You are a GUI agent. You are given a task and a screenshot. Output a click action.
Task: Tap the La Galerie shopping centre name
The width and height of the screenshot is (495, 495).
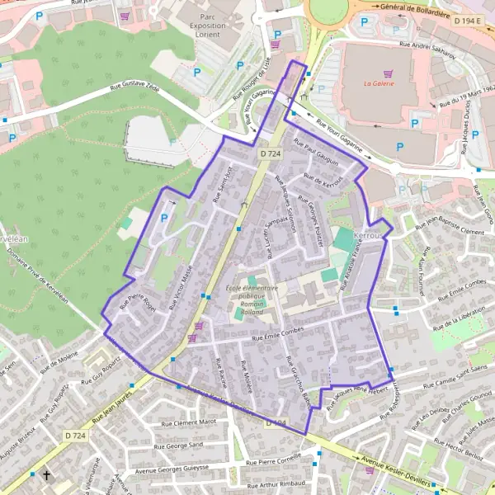(379, 83)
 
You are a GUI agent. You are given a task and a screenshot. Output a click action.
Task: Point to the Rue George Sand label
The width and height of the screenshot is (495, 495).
(184, 445)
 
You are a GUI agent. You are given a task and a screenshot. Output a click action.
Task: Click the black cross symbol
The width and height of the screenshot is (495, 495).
(47, 475)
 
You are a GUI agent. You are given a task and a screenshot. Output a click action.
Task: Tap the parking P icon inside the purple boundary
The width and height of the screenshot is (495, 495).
(163, 218)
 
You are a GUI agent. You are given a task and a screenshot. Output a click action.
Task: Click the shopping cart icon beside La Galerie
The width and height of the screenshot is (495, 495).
(389, 73)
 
